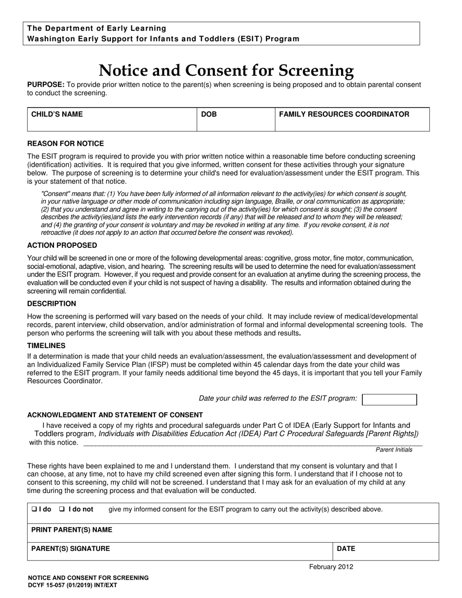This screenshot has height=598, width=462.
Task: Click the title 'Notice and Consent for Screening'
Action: (226, 70)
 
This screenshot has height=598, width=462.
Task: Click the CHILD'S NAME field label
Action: (57, 114)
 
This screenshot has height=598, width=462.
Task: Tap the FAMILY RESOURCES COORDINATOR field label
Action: (344, 114)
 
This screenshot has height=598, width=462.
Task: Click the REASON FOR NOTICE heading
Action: (65, 143)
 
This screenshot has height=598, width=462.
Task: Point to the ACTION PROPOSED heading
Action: (62, 245)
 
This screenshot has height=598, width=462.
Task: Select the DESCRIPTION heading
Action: (52, 303)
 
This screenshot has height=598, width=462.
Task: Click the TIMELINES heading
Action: (46, 345)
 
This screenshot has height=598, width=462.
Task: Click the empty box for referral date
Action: (390, 399)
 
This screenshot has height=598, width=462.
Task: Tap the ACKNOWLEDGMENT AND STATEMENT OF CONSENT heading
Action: (115, 415)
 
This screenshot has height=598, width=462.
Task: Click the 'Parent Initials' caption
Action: (393, 450)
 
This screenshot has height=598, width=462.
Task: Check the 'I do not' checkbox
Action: (62, 509)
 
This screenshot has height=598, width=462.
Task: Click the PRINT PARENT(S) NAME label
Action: (71, 529)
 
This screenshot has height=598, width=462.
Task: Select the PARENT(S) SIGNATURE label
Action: (71, 548)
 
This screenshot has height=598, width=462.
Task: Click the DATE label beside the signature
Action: (346, 548)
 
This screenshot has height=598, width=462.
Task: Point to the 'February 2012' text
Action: (331, 566)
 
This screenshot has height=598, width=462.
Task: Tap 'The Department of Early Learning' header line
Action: (97, 28)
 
